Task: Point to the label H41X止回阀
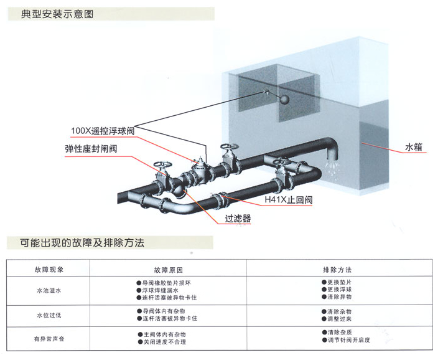point(288,201)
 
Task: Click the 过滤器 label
point(238,219)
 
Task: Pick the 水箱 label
point(414,148)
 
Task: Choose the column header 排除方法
point(337,270)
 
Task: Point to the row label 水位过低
point(49,315)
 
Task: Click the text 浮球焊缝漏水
point(161,290)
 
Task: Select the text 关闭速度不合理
point(164,343)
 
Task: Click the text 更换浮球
point(340,290)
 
